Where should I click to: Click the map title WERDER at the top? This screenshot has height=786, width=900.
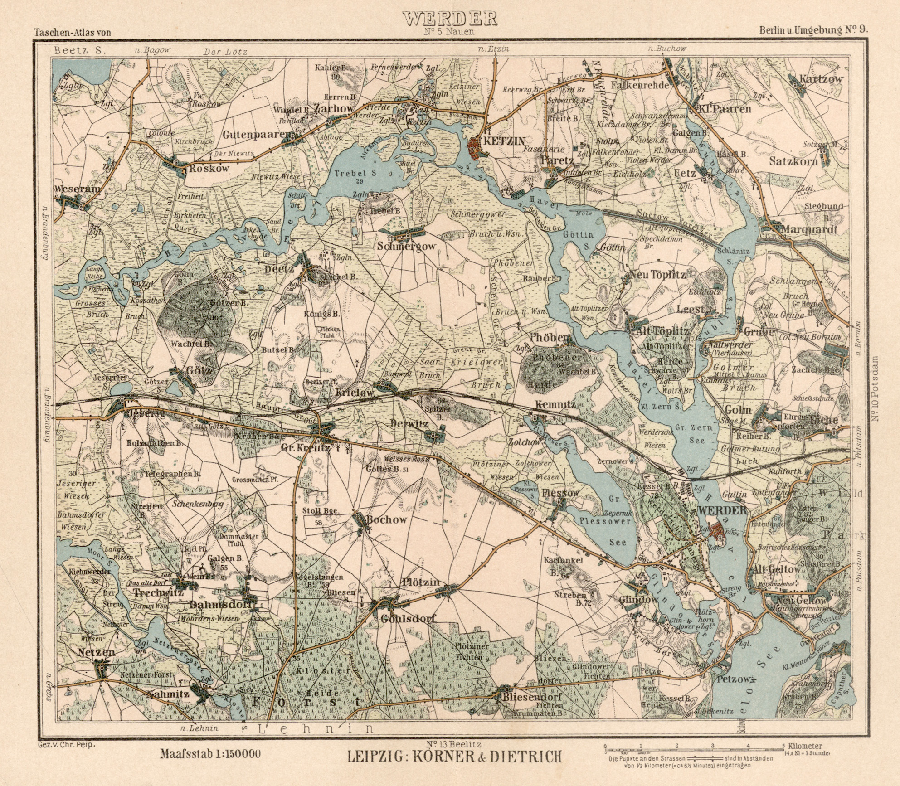click(x=450, y=19)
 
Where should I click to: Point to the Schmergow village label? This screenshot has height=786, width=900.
click(x=407, y=247)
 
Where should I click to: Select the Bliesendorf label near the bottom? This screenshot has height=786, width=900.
click(x=532, y=697)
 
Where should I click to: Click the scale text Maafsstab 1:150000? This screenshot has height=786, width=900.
click(x=210, y=754)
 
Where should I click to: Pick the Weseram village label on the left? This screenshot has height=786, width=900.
click(x=77, y=189)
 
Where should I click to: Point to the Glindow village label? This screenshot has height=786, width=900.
click(x=638, y=600)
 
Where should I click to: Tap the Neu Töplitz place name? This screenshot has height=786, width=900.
click(x=657, y=275)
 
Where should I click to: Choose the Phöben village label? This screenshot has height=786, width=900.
click(x=549, y=338)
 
